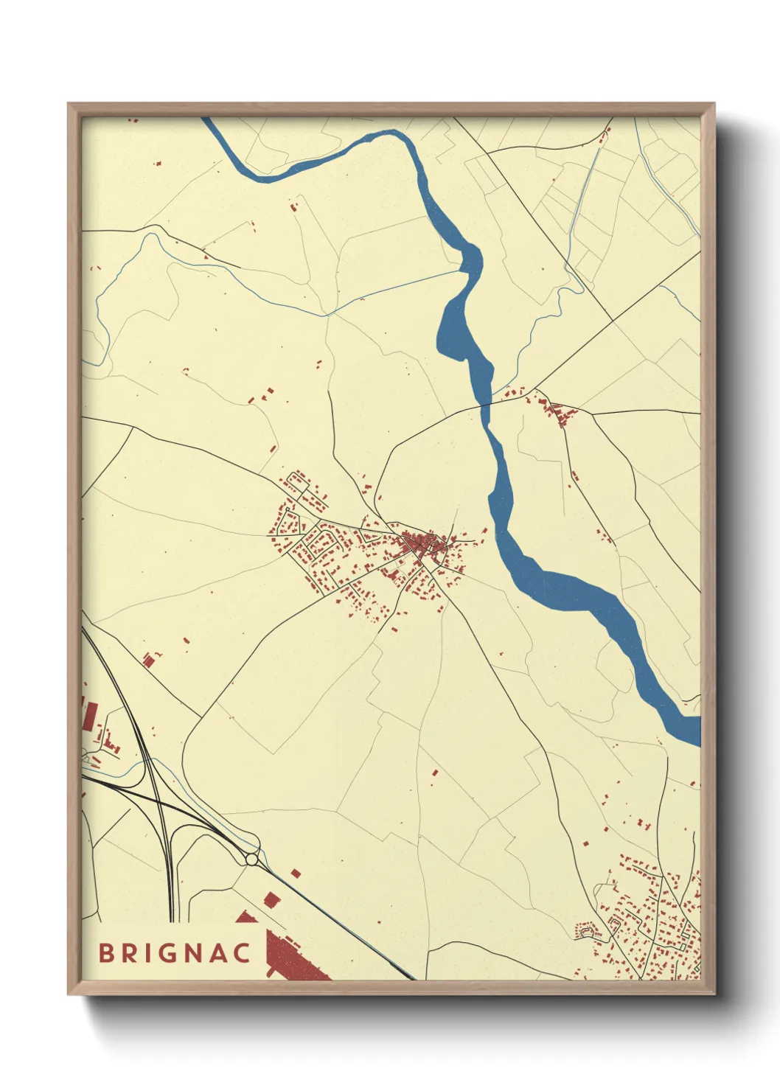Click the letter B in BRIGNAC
click(x=108, y=952)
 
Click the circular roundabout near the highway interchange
click(x=251, y=860)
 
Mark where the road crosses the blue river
click(x=486, y=405)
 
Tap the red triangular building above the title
click(x=245, y=917)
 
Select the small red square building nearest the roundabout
click(x=296, y=873)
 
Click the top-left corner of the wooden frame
click(x=70, y=105)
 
